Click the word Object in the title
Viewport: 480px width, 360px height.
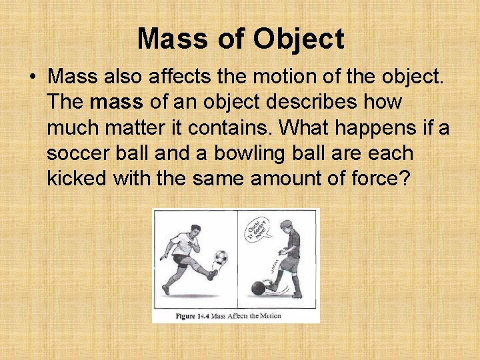pyautogui.click(x=299, y=39)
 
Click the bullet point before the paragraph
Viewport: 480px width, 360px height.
pyautogui.click(x=33, y=78)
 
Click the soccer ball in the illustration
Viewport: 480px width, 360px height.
pyautogui.click(x=220, y=257)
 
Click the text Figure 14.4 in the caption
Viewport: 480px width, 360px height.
pyautogui.click(x=192, y=316)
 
